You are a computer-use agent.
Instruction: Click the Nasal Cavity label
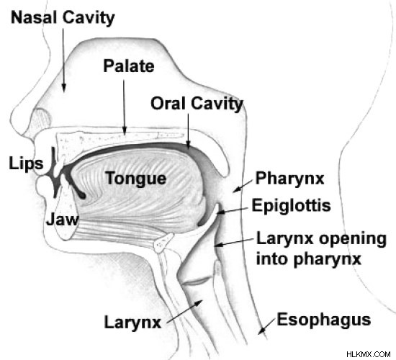coord(63,18)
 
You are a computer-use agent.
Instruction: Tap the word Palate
coord(129,66)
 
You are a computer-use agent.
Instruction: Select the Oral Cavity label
coord(197,104)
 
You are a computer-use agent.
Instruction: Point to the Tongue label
coord(136,179)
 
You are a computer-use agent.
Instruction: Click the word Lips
coord(26,163)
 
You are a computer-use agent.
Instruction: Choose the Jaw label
coord(62,219)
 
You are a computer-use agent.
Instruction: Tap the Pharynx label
coord(289,179)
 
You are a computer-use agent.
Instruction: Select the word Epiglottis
coord(291,205)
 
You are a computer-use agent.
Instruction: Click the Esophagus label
coord(324,320)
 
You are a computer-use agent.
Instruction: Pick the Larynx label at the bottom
coord(132,323)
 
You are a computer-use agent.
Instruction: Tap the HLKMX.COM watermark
coord(368,354)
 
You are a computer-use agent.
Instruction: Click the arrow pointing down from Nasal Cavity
coord(63,60)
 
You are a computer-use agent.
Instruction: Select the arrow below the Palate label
coord(124,107)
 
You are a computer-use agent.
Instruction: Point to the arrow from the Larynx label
coord(184,311)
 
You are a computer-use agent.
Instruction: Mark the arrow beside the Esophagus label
coord(267,326)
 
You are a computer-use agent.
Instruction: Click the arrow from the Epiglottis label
coord(233,211)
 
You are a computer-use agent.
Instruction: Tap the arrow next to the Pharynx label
coord(243,186)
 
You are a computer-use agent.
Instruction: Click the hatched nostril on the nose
coord(42,118)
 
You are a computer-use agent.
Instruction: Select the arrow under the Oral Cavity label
coord(188,130)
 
